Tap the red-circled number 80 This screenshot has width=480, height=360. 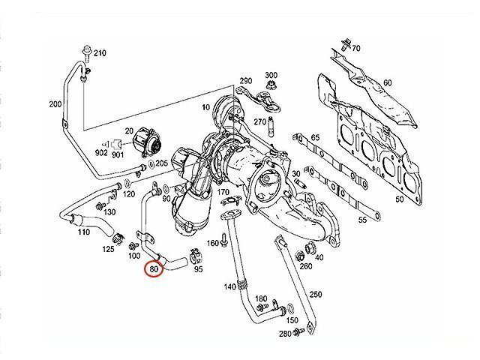pyautogui.click(x=155, y=265)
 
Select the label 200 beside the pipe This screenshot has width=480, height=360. pyautogui.click(x=55, y=103)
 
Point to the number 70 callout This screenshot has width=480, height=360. pyautogui.click(x=355, y=49)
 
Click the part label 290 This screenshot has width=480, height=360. pyautogui.click(x=246, y=80)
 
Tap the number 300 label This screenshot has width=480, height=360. pyautogui.click(x=271, y=75)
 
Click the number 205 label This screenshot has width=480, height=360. pyautogui.click(x=160, y=163)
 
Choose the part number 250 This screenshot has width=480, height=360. pyautogui.click(x=314, y=294)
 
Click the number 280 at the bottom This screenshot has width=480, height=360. pyautogui.click(x=285, y=333)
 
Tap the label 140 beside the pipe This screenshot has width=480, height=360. pyautogui.click(x=229, y=287)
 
